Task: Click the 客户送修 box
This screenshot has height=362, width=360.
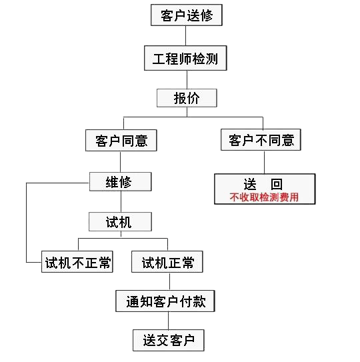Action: tap(187, 15)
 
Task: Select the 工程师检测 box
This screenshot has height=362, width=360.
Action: tap(185, 58)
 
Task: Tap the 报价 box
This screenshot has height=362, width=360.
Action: tap(187, 98)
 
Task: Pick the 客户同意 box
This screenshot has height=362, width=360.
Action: tap(121, 141)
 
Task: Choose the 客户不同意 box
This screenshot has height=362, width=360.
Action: tap(261, 140)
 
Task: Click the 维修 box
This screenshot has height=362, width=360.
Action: tap(120, 182)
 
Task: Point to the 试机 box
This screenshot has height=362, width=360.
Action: tap(120, 222)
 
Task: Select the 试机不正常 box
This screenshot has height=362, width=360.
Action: tap(77, 262)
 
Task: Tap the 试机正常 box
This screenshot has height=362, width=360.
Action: tap(167, 262)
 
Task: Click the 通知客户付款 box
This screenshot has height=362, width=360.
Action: tap(165, 301)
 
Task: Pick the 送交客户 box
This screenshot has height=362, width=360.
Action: tap(169, 341)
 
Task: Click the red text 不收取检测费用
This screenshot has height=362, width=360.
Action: tap(264, 197)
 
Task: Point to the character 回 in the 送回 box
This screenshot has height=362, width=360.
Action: tap(277, 184)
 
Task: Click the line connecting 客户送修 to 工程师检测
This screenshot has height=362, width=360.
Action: tap(185, 36)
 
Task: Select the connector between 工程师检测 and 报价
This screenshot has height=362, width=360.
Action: tap(187, 79)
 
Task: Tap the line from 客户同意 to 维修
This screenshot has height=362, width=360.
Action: tap(120, 162)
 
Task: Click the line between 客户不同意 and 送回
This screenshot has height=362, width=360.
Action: tap(264, 162)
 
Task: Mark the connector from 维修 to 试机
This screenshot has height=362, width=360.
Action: tap(121, 202)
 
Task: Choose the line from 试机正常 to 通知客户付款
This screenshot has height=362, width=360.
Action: tap(170, 281)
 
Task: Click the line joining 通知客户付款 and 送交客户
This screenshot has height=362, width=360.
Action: tap(169, 321)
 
